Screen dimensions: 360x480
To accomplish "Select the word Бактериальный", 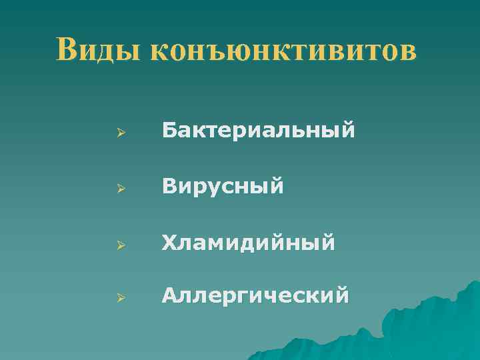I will click(257, 131).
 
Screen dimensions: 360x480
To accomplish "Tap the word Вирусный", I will click(223, 186).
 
